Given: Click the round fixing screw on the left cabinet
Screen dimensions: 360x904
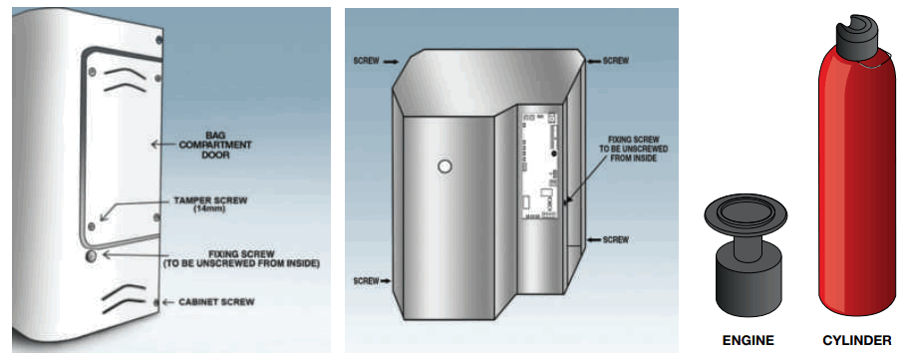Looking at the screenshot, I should coord(92,256).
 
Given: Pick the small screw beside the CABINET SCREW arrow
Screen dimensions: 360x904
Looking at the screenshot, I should coord(154,300).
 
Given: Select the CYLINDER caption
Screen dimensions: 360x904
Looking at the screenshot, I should coord(855,339).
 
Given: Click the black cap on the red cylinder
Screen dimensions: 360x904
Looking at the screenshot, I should coord(854,36).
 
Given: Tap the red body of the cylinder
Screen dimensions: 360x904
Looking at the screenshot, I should coord(854,180).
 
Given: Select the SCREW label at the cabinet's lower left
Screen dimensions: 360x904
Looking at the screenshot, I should coord(366,281).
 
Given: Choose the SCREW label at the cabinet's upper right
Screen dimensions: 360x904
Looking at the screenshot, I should coord(616,61).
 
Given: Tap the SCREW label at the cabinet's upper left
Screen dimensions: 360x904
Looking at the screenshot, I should coord(364,61).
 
